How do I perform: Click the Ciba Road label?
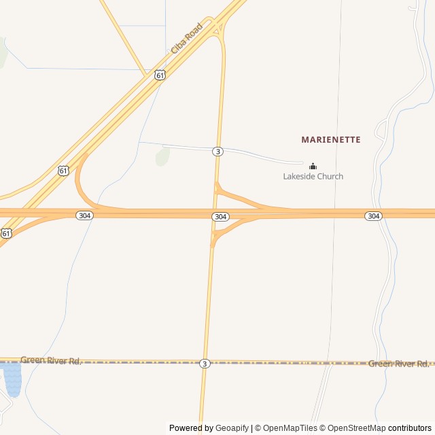click(186, 39)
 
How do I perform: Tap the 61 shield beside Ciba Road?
click(159, 75)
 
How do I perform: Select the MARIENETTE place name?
click(331, 139)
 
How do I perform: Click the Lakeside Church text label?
click(313, 177)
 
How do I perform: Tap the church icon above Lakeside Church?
click(313, 166)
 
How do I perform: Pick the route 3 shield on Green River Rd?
click(205, 364)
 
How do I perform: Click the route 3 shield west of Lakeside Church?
click(217, 152)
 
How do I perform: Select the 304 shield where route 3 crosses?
click(220, 216)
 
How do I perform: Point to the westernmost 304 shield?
click(84, 215)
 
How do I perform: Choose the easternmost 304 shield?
click(373, 215)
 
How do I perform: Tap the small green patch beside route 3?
click(162, 158)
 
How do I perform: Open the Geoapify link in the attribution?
click(232, 428)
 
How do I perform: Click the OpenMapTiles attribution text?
click(290, 428)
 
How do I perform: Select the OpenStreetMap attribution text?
click(354, 428)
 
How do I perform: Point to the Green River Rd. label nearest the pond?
click(51, 360)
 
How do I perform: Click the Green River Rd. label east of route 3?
click(398, 364)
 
